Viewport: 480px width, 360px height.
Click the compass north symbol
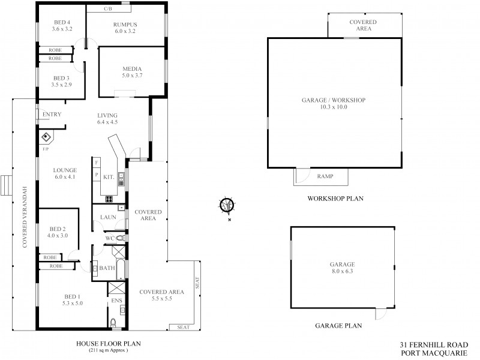pyautogui.click(x=227, y=205)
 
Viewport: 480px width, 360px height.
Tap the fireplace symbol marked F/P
pyautogui.click(x=46, y=137)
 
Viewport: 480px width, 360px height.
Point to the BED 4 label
pyautogui.click(x=61, y=22)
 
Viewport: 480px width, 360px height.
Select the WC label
pyautogui.click(x=109, y=238)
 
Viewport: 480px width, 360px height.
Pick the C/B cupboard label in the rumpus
pyautogui.click(x=108, y=10)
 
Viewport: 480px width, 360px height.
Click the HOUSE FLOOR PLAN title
pyautogui.click(x=108, y=344)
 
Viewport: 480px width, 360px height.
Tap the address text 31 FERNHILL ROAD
pyautogui.click(x=433, y=345)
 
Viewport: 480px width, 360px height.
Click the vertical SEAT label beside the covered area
pyautogui.click(x=196, y=282)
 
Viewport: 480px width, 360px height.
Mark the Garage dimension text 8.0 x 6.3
pyautogui.click(x=342, y=271)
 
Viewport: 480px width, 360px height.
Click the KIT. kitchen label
pyautogui.click(x=109, y=178)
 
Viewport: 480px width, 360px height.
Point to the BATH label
pyautogui.click(x=109, y=268)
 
